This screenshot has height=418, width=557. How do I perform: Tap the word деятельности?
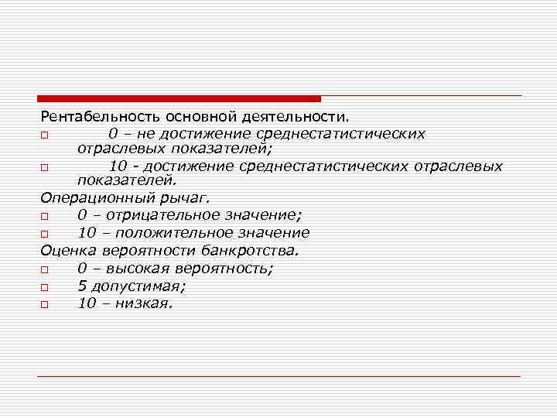coord(299,117)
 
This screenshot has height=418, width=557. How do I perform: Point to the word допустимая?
coord(131,286)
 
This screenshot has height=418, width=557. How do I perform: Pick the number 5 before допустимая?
coord(81,286)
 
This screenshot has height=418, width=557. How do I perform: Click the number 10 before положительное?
coord(87,232)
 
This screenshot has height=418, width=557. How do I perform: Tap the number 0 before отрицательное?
coord(81,215)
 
